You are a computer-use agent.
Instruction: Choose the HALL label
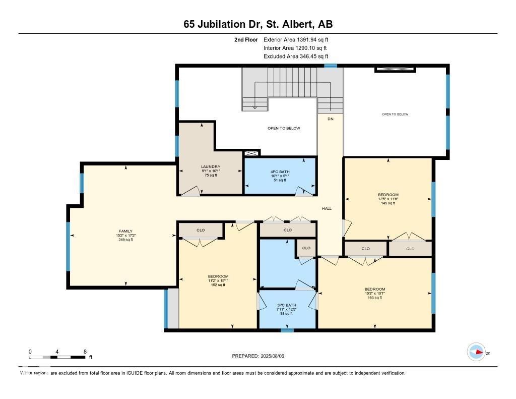click(x=327, y=208)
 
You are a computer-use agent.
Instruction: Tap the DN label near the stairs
click(x=331, y=119)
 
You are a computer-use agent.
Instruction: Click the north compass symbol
click(x=476, y=352)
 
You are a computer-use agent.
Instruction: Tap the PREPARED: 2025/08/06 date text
click(x=261, y=356)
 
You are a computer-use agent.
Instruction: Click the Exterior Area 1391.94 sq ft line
click(x=296, y=39)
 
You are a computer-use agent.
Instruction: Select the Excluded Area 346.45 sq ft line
click(x=296, y=56)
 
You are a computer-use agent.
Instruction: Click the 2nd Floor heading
click(x=246, y=39)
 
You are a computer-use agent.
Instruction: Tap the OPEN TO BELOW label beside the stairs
click(x=284, y=128)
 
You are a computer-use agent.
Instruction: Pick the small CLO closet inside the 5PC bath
click(x=306, y=248)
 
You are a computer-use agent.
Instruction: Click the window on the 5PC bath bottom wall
click(x=287, y=330)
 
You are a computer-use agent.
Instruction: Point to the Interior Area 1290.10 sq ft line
click(x=296, y=48)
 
